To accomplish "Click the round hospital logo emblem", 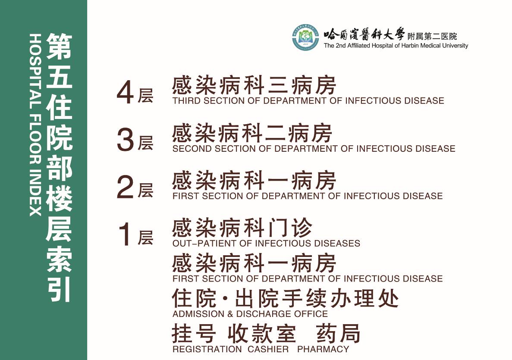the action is (305, 37).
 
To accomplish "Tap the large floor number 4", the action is (126, 93).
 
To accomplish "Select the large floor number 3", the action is (126, 140).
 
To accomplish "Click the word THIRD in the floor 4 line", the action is (186, 101).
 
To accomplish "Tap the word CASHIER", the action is (268, 349).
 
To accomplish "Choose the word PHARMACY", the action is (323, 349).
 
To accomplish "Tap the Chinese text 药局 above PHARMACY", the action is (338, 333).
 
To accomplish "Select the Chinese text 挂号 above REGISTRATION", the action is (194, 333).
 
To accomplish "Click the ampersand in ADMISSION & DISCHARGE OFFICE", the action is (230, 314).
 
